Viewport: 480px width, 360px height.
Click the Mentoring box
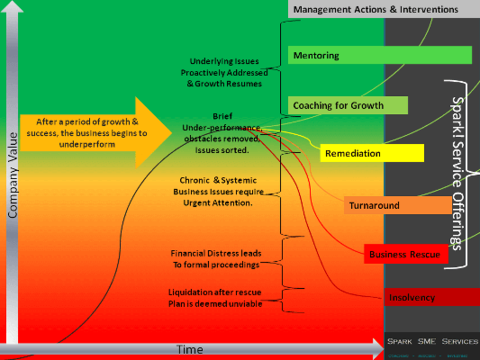tap(379, 55)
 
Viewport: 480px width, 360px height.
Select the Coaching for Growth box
tap(347, 105)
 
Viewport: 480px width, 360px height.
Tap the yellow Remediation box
tap(371, 153)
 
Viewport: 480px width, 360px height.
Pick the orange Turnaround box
tap(397, 205)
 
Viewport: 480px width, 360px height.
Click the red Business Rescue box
tap(405, 254)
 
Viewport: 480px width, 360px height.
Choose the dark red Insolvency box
tap(431, 297)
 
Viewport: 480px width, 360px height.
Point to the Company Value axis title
tap(12, 175)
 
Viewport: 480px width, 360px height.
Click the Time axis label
tap(189, 349)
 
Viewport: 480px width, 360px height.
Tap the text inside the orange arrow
tap(87, 133)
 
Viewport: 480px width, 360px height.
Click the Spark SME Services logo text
tap(432, 341)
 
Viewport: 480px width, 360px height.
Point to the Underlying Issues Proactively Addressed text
tap(224, 72)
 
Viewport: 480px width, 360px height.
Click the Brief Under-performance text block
tap(221, 133)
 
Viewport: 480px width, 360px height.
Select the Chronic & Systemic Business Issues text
tap(218, 191)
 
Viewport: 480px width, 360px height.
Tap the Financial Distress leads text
tap(216, 259)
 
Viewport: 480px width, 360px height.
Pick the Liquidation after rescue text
tap(215, 297)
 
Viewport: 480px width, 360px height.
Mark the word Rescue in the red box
tap(424, 254)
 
